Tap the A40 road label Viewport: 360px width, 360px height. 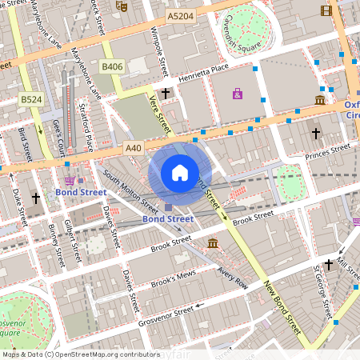[x=134, y=148]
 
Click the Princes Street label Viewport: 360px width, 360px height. [x=326, y=148]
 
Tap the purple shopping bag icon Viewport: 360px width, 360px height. [x=238, y=94]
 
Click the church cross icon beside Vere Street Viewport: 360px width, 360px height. [x=166, y=94]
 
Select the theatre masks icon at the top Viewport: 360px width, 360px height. [x=122, y=6]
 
